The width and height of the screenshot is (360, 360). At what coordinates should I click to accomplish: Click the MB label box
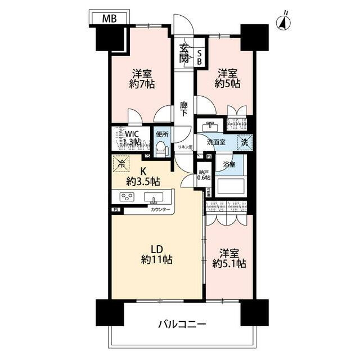[x=110, y=19]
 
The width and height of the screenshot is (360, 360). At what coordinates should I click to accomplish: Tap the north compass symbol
[x=285, y=22]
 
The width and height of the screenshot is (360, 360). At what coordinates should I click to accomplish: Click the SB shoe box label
[x=199, y=57]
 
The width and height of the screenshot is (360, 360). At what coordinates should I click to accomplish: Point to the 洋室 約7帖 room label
[x=143, y=79]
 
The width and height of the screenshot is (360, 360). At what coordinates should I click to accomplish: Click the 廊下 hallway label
[x=184, y=109]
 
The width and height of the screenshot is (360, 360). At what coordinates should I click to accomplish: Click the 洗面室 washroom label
[x=216, y=142]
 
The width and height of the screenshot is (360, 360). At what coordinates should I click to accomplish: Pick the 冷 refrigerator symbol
[x=120, y=164]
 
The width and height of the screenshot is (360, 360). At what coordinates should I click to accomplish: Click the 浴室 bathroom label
[x=228, y=165]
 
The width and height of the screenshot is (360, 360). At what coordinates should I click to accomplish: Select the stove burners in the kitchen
[x=127, y=197]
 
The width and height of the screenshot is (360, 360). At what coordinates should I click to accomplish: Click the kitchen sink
[x=154, y=197]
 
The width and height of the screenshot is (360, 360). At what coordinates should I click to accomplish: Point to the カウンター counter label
[x=161, y=209]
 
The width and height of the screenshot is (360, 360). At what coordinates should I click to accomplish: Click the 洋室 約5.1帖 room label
[x=229, y=258]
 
